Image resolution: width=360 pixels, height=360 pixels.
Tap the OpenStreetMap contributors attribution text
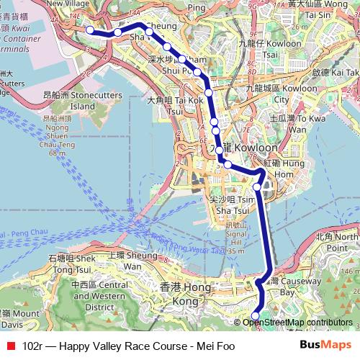coord(297,322)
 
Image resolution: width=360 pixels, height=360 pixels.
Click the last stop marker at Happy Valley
coord(255,315)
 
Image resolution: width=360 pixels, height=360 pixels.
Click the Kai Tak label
coord(335,73)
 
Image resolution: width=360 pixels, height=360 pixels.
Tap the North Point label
coord(338,241)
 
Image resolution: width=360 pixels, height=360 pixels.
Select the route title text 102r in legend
coord(32,346)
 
